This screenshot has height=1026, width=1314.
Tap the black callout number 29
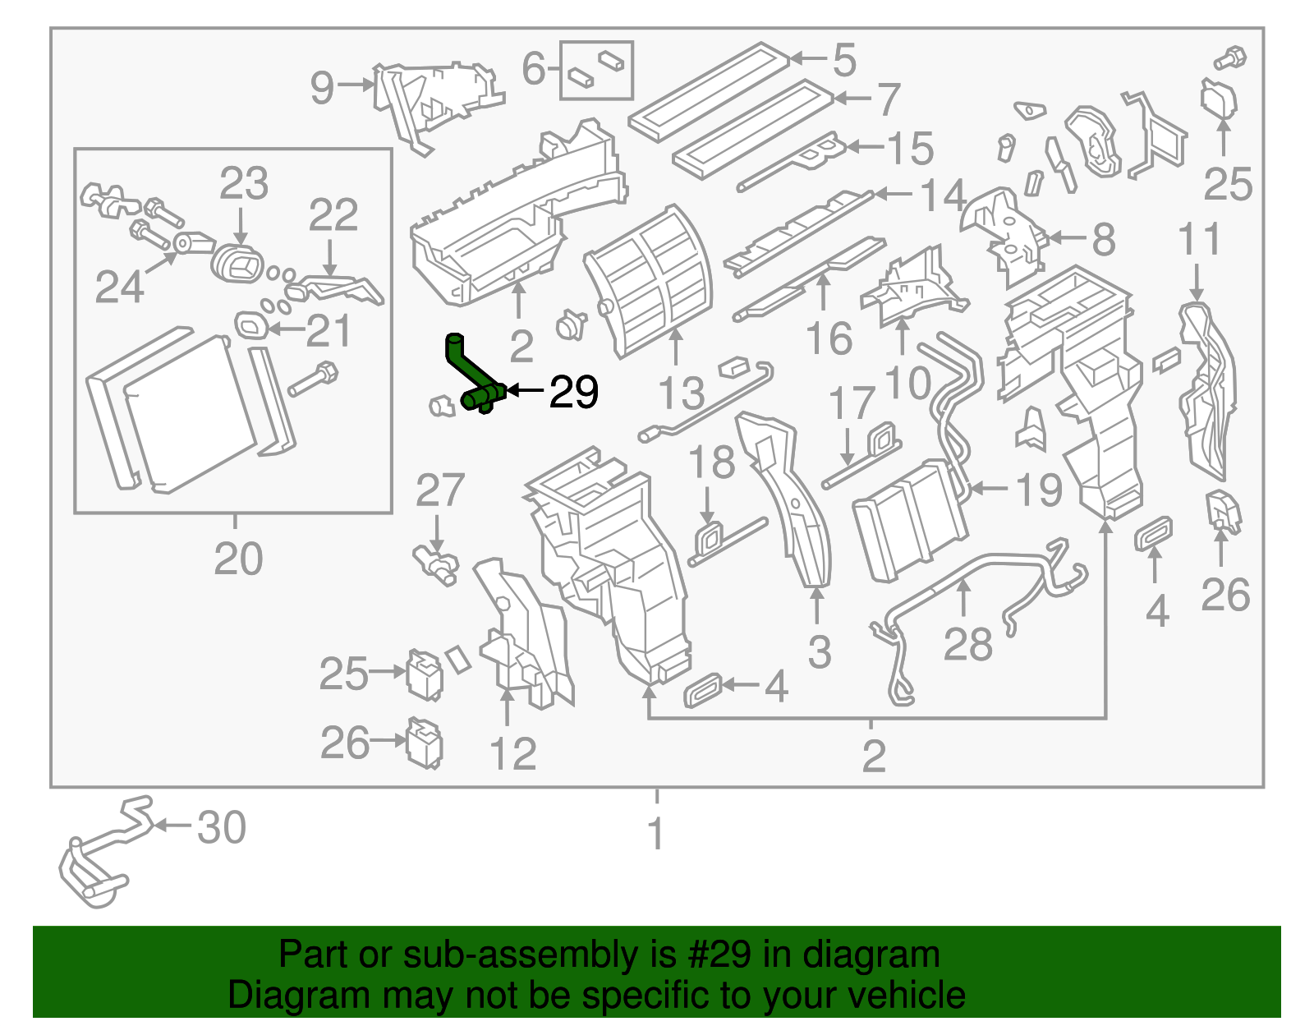(573, 393)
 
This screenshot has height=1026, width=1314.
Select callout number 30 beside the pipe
(222, 828)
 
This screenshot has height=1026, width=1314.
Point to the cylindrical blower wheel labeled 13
(649, 279)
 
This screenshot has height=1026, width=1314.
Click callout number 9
(322, 87)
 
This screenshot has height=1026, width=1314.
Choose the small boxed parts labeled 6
(596, 71)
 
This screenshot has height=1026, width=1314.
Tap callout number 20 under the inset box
(238, 559)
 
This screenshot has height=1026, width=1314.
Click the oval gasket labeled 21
(250, 325)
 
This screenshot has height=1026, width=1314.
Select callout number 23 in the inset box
(243, 184)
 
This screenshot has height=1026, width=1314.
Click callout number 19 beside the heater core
(1039, 490)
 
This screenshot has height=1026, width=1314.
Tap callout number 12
(512, 753)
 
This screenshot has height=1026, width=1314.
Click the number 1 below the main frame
(655, 833)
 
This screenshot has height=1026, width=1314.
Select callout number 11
(1199, 240)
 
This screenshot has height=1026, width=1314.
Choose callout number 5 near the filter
(844, 60)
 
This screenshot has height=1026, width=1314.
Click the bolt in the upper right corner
(1230, 58)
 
